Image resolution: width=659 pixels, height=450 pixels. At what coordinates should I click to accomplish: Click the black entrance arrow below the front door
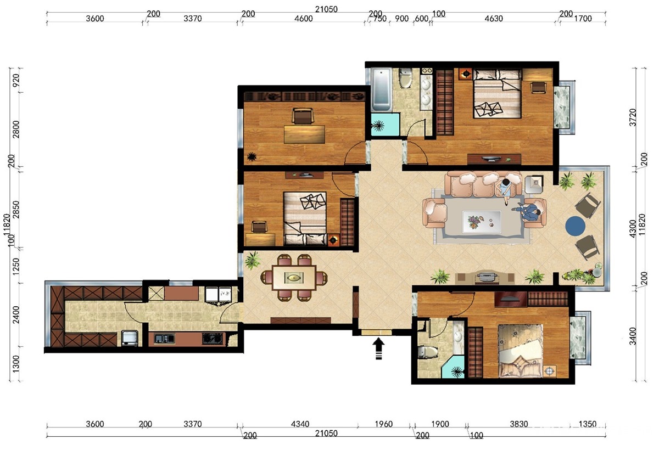pos(378,348)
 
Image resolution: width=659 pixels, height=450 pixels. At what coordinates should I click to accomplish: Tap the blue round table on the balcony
pos(575,226)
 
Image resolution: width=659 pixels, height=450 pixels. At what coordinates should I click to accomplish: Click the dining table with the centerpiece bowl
pos(294,278)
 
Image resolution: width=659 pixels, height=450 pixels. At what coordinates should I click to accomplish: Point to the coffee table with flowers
pos(481,222)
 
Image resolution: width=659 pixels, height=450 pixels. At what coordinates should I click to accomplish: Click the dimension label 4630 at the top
pos(494,19)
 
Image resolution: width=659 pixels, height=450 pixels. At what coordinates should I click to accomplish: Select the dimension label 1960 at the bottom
pos(384,424)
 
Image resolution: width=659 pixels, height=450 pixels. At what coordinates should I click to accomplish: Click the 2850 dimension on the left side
pos(16,210)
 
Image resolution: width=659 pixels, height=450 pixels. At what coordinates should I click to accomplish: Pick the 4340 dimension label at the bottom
pos(300,424)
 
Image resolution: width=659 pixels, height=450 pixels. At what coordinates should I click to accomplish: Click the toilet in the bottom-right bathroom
pos(427,352)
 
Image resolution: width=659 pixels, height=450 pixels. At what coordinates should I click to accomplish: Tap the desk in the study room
pos(304,134)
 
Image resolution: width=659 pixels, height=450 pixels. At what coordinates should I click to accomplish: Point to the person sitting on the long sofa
pos(505,191)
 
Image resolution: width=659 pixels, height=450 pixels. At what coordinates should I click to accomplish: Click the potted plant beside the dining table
pos(253,260)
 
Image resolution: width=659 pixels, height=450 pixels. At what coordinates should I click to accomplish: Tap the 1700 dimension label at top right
pos(583,19)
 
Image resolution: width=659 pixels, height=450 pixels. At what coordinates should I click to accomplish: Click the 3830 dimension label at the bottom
pos(519,424)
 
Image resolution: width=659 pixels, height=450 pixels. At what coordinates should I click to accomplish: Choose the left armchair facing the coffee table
pos(434,213)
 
